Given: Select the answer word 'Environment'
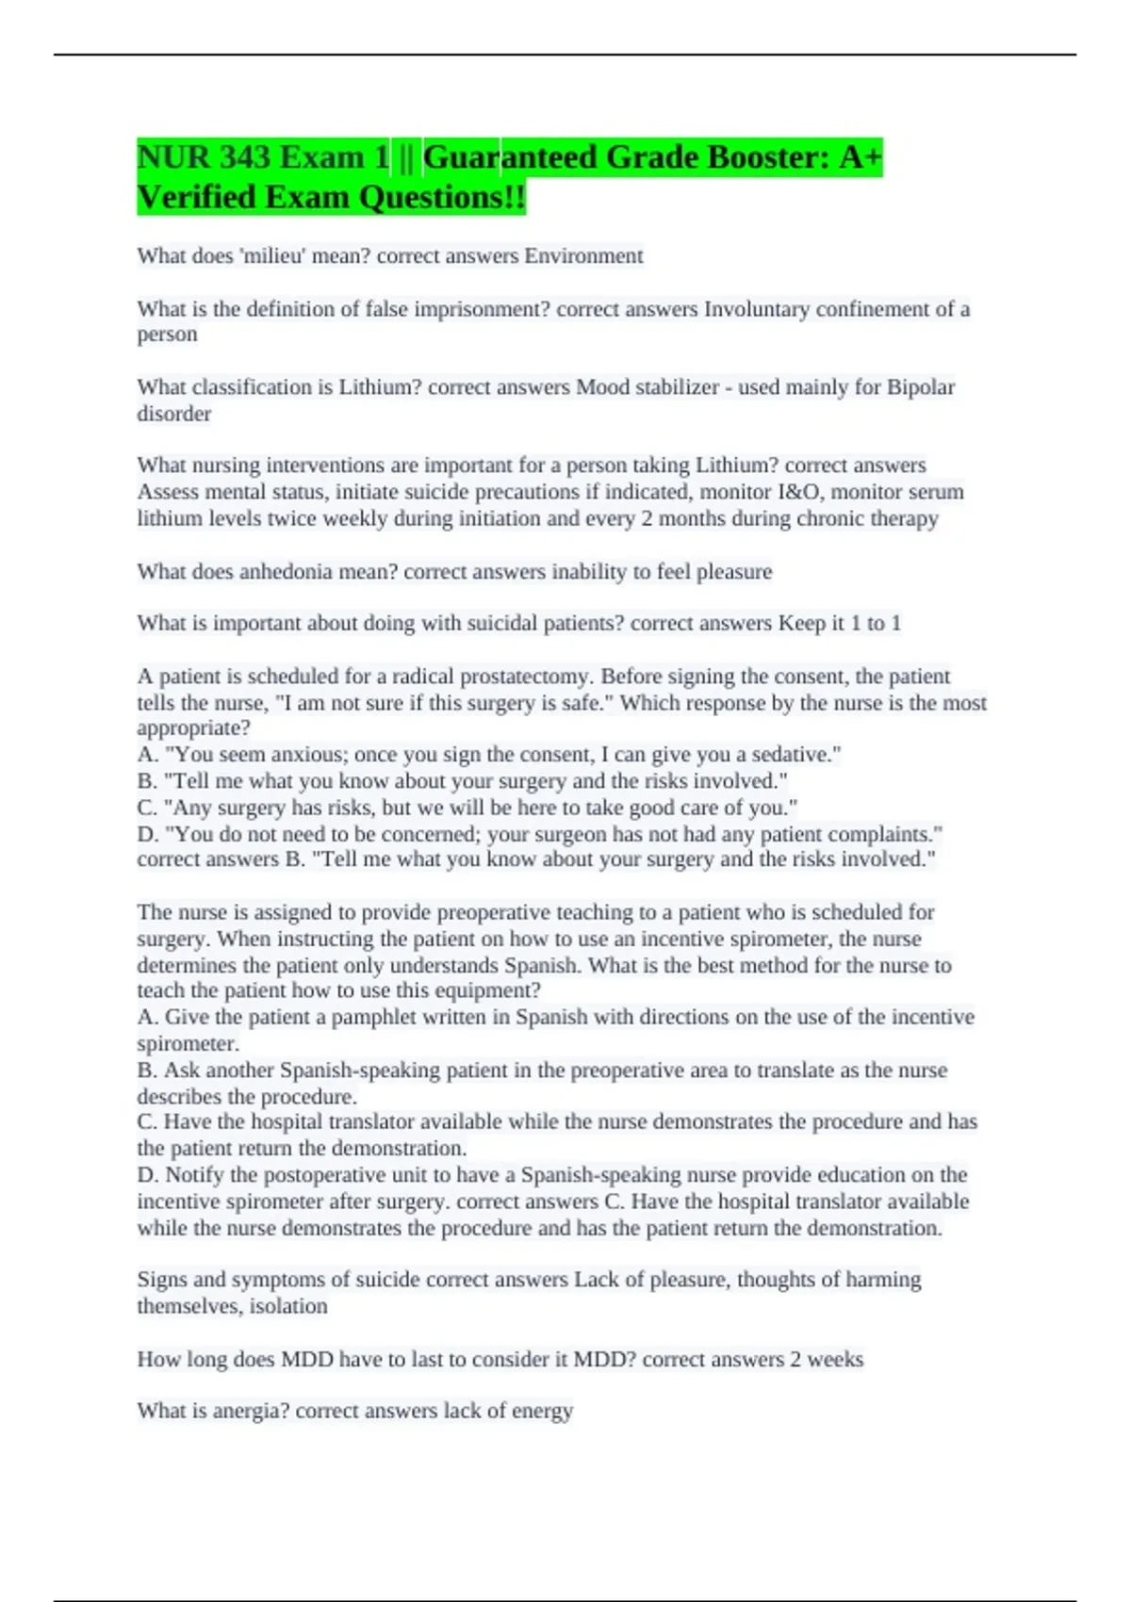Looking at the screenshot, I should click(x=583, y=256).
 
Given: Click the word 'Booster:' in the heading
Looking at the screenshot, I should click(x=716, y=157).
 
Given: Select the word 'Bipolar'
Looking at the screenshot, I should click(x=920, y=387).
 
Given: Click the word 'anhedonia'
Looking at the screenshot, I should click(x=285, y=572).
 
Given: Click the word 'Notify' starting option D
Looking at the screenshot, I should click(x=195, y=1175).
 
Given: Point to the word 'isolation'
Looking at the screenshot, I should click(x=288, y=1306).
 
